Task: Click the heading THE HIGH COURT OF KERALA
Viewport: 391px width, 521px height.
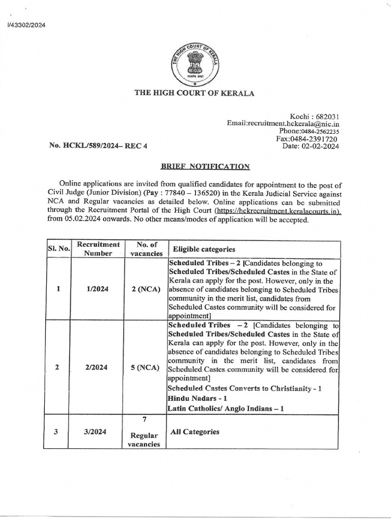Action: click(x=194, y=93)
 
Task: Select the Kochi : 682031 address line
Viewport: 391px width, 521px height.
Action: click(x=314, y=117)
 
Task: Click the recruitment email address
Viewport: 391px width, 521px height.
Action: click(x=283, y=124)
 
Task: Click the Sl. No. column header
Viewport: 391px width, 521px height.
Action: click(x=57, y=249)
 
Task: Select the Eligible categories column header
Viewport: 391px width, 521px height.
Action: click(x=204, y=249)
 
